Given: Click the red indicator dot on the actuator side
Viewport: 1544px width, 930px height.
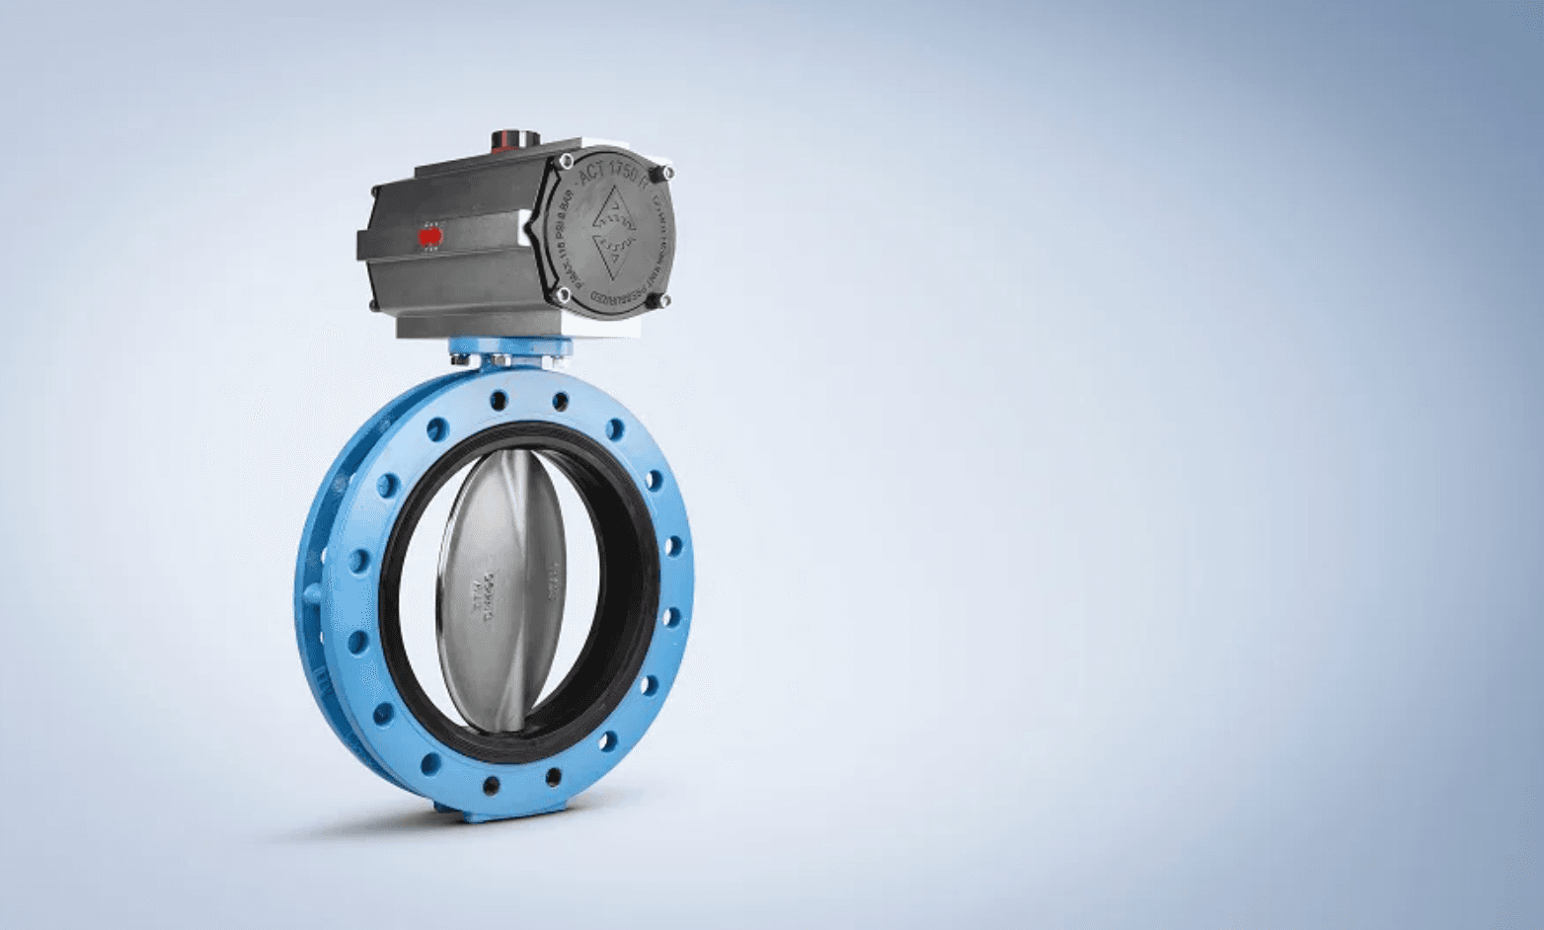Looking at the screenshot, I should coord(429,237).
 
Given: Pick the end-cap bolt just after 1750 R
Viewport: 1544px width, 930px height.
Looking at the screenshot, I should coord(667,174).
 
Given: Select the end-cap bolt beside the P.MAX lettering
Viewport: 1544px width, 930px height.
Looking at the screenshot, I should coord(563,294).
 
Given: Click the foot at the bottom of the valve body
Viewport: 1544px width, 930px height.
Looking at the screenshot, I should coord(503,813).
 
